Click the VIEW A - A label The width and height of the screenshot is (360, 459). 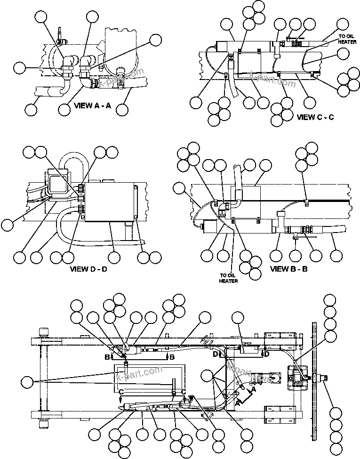(x=92, y=105)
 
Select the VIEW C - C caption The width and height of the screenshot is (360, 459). (x=315, y=117)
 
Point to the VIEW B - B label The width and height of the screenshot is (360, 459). (x=289, y=269)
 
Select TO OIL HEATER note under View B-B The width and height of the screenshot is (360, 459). (x=228, y=278)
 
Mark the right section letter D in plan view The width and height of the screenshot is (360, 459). (x=267, y=353)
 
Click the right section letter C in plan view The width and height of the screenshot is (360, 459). (x=184, y=393)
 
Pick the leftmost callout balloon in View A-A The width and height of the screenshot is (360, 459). (x=19, y=68)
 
